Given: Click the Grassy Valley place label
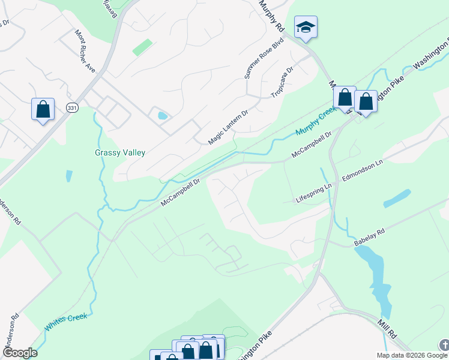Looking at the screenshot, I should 120,152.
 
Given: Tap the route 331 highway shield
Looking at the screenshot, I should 72,107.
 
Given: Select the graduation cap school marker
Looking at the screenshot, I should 306,28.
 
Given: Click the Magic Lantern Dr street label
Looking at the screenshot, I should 228,127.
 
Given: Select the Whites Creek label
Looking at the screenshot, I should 66,322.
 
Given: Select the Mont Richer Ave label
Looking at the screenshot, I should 85,51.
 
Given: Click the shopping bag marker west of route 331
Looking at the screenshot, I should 43,109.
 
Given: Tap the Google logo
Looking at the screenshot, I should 19,353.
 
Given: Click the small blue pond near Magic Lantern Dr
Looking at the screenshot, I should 161,115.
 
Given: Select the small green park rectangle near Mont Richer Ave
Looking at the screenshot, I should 142,47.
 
